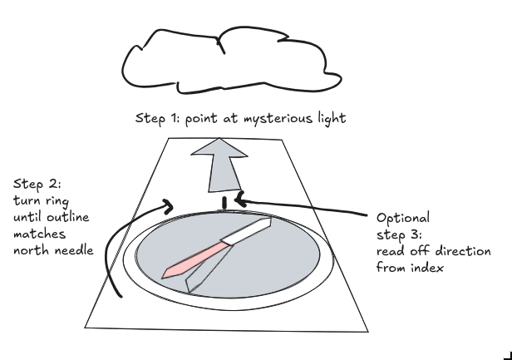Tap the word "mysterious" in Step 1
click(x=261, y=119)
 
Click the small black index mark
click(x=224, y=202)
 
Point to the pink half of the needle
click(x=196, y=259)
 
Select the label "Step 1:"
click(x=155, y=119)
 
